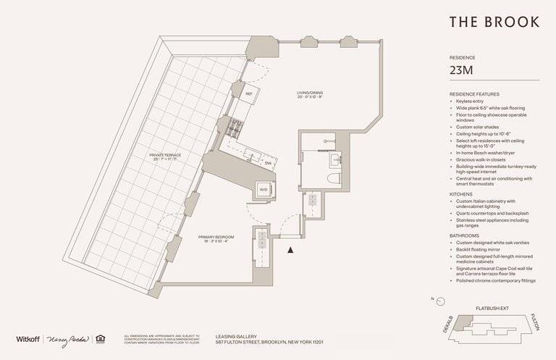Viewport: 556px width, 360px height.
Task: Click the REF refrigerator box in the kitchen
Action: coord(248,94)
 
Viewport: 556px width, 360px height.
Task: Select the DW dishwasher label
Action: coord(267,163)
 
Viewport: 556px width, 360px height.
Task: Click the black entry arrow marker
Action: coord(290,250)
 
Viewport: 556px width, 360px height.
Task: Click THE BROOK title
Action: coord(494,22)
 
